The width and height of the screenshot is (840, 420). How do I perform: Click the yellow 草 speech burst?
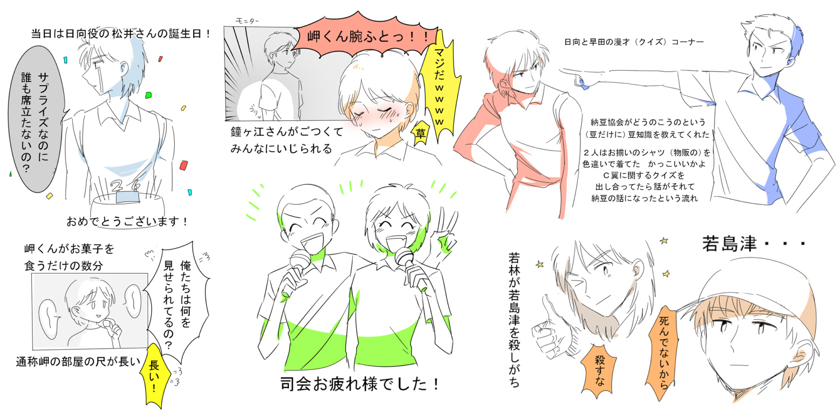coord(420,134)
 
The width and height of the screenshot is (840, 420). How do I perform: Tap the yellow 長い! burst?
coord(153,376)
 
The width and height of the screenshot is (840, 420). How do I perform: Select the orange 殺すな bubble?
coord(599,370)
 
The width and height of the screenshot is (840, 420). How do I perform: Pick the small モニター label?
coord(247,21)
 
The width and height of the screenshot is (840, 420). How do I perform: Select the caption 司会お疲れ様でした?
coord(360,384)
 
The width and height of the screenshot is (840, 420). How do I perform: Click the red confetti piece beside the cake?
coord(183,165)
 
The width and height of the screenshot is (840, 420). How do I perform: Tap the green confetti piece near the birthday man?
coord(148,95)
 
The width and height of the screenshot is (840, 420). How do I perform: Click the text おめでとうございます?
coord(127,222)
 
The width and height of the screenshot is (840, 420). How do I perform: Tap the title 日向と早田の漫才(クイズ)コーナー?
coord(634,42)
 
